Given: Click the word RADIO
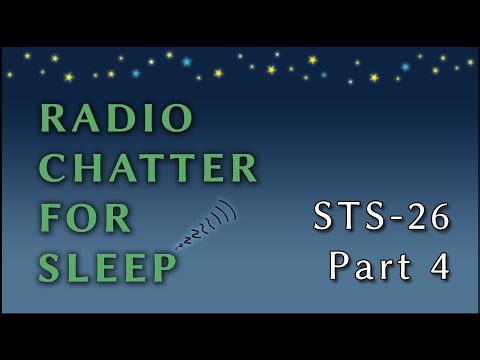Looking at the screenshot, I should [115, 119].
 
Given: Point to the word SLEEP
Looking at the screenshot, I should [108, 266].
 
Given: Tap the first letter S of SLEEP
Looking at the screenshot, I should [50, 266].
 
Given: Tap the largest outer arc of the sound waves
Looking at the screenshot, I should [233, 213].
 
